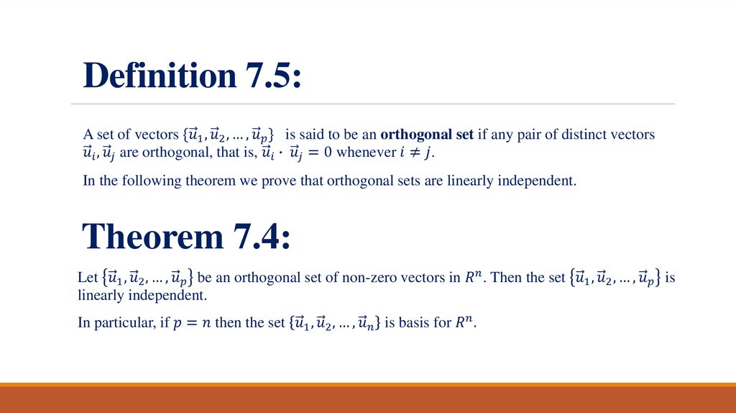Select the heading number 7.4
tap(262, 236)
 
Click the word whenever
tap(362, 153)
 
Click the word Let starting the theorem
tap(87, 278)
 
